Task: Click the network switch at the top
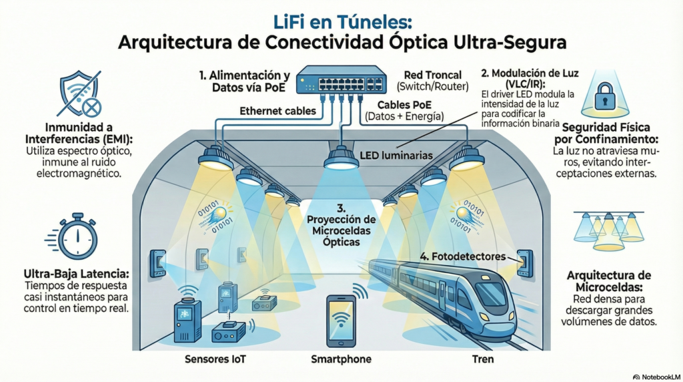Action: (341, 79)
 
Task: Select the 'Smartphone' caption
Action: (341, 359)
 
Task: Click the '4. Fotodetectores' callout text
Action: (462, 256)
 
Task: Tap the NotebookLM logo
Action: (656, 376)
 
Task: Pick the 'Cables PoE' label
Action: (404, 106)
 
